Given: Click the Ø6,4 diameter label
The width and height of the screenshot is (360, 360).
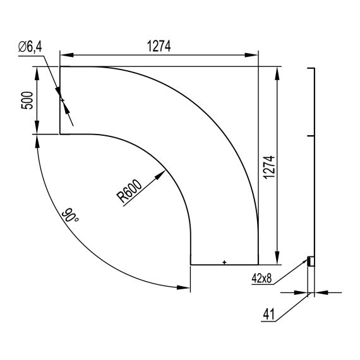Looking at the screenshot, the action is pos(30,47).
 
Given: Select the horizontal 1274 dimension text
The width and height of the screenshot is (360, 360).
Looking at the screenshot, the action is pos(159,46).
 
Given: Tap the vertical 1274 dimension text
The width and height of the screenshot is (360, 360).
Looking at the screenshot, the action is pos(269,167).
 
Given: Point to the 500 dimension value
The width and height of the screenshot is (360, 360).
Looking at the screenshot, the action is pos(27,100).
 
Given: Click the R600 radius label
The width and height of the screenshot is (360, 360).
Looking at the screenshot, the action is pos(129,191).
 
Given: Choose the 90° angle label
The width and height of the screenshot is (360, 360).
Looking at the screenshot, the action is pos(70,215).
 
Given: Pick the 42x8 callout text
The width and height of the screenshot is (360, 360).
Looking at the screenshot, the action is pos(261,279).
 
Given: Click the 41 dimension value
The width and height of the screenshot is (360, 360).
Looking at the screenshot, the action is pos(269,314).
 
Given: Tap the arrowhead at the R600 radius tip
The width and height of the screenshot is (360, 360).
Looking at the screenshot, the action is pos(160,175).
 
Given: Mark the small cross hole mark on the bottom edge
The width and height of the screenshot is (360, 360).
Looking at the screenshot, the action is pos(224,262).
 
